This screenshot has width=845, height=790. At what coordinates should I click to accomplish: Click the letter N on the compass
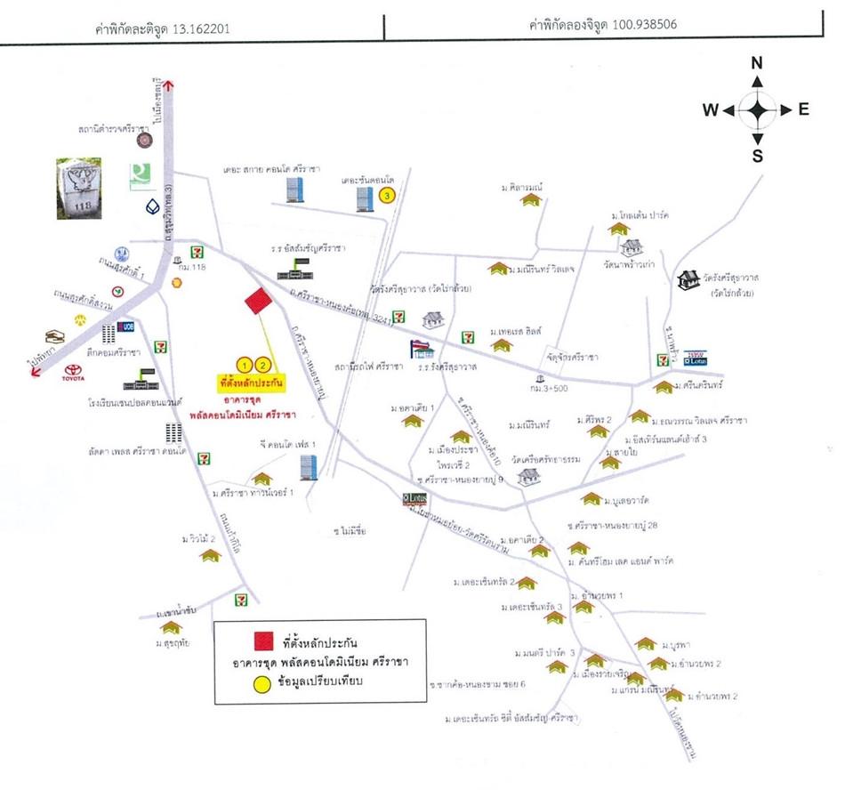757,62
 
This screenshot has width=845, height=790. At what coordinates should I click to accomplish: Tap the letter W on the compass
710,110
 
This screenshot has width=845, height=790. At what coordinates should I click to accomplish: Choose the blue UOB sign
125,326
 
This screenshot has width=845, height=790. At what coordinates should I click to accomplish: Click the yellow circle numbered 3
386,195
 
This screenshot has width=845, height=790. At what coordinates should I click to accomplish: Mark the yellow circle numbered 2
262,364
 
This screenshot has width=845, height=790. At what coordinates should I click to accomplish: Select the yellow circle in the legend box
262,684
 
